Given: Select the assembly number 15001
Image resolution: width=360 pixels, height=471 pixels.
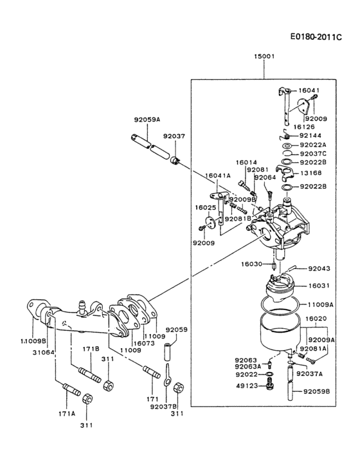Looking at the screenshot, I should click(x=265, y=57).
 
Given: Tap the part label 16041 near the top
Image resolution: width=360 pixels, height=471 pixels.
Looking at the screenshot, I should click(x=310, y=91).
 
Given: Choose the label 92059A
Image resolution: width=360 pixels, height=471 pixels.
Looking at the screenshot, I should click(x=147, y=120).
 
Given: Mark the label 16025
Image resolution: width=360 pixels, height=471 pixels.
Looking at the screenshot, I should click(x=206, y=208).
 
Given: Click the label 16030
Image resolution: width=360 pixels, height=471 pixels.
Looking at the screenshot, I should click(x=251, y=264).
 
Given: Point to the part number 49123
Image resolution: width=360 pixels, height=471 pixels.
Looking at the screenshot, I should click(x=246, y=386).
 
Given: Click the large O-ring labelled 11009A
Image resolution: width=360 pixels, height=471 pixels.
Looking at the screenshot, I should click(x=280, y=304).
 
